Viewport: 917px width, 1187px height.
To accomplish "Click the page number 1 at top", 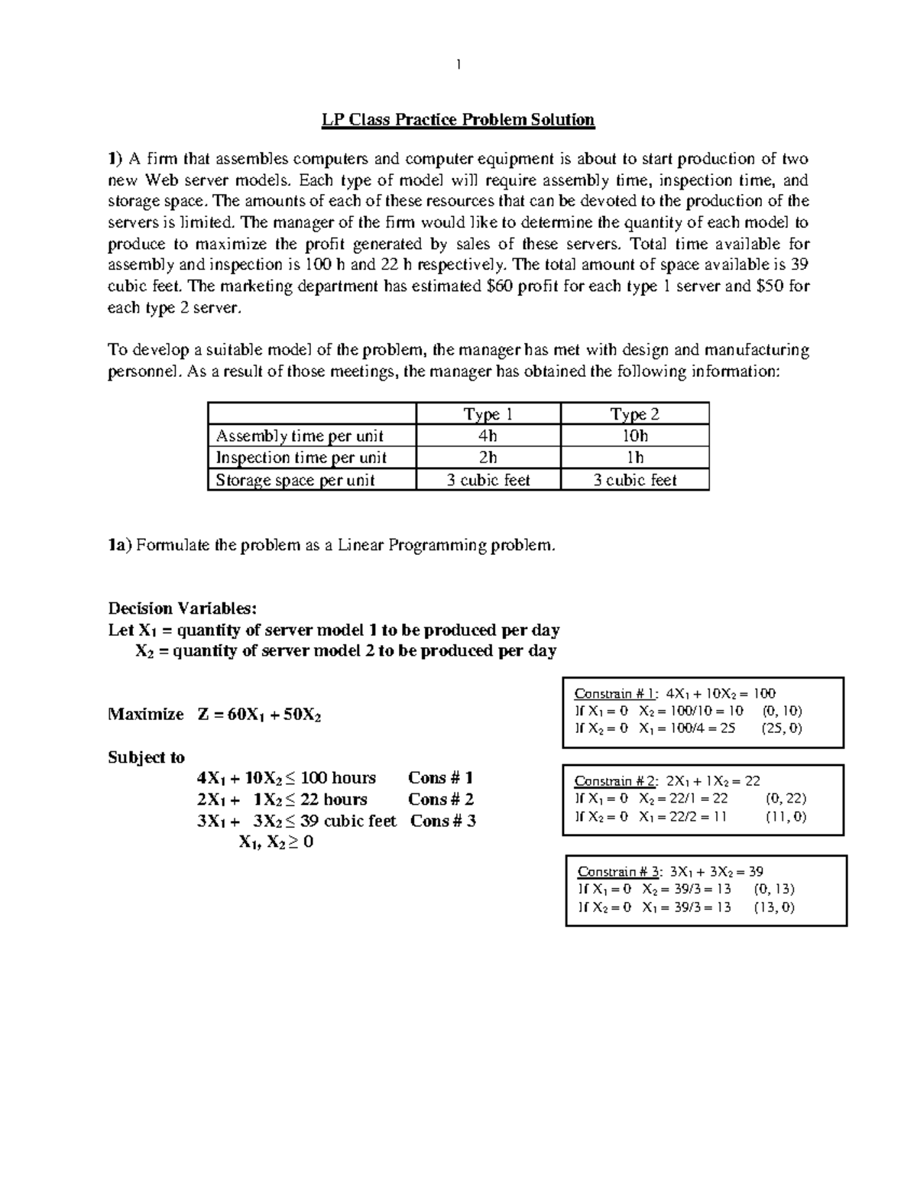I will click(x=458, y=65).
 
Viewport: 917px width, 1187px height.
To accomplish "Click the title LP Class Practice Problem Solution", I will click(x=457, y=119).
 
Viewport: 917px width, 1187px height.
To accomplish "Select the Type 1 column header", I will click(x=488, y=414).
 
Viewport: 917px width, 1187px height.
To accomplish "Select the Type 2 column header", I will click(x=634, y=414).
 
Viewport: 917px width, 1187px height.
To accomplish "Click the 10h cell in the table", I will click(x=634, y=436).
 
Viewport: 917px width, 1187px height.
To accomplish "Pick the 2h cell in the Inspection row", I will click(x=488, y=457).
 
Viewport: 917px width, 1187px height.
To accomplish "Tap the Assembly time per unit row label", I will click(x=300, y=436).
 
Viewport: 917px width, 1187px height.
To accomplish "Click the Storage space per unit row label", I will click(x=295, y=480).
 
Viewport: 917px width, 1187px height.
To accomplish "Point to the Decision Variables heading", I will click(x=183, y=608).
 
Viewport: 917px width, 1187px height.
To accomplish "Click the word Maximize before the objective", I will click(x=146, y=715).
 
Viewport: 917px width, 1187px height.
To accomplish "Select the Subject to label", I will click(x=146, y=757).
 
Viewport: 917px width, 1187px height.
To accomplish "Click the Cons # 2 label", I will click(x=441, y=799).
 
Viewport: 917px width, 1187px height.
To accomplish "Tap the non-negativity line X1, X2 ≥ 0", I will click(x=276, y=842).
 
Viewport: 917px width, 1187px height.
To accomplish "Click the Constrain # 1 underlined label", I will click(x=615, y=694).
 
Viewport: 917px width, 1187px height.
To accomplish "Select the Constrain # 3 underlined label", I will click(x=618, y=871).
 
